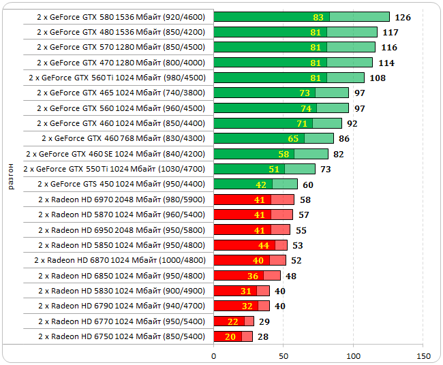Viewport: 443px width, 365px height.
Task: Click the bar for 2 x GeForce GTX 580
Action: (x=301, y=17)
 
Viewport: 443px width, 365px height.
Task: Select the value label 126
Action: (x=403, y=17)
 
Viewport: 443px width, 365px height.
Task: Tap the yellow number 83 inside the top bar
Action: (x=318, y=17)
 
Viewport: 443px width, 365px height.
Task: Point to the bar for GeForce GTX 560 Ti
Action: (x=289, y=78)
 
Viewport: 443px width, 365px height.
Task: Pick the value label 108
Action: (x=378, y=78)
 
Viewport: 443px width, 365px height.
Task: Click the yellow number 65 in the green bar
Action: (x=293, y=138)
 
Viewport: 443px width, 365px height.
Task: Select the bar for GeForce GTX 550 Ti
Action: (x=264, y=169)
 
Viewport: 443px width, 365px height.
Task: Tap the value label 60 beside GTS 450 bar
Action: (x=308, y=185)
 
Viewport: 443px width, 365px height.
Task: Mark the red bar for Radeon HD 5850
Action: (x=250, y=245)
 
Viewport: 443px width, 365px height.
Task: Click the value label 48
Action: (x=291, y=276)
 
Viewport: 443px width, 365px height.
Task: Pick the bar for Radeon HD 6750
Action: (x=233, y=336)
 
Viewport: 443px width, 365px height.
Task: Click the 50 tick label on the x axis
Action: (x=284, y=355)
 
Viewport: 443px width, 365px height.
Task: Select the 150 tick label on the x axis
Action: (x=423, y=355)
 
